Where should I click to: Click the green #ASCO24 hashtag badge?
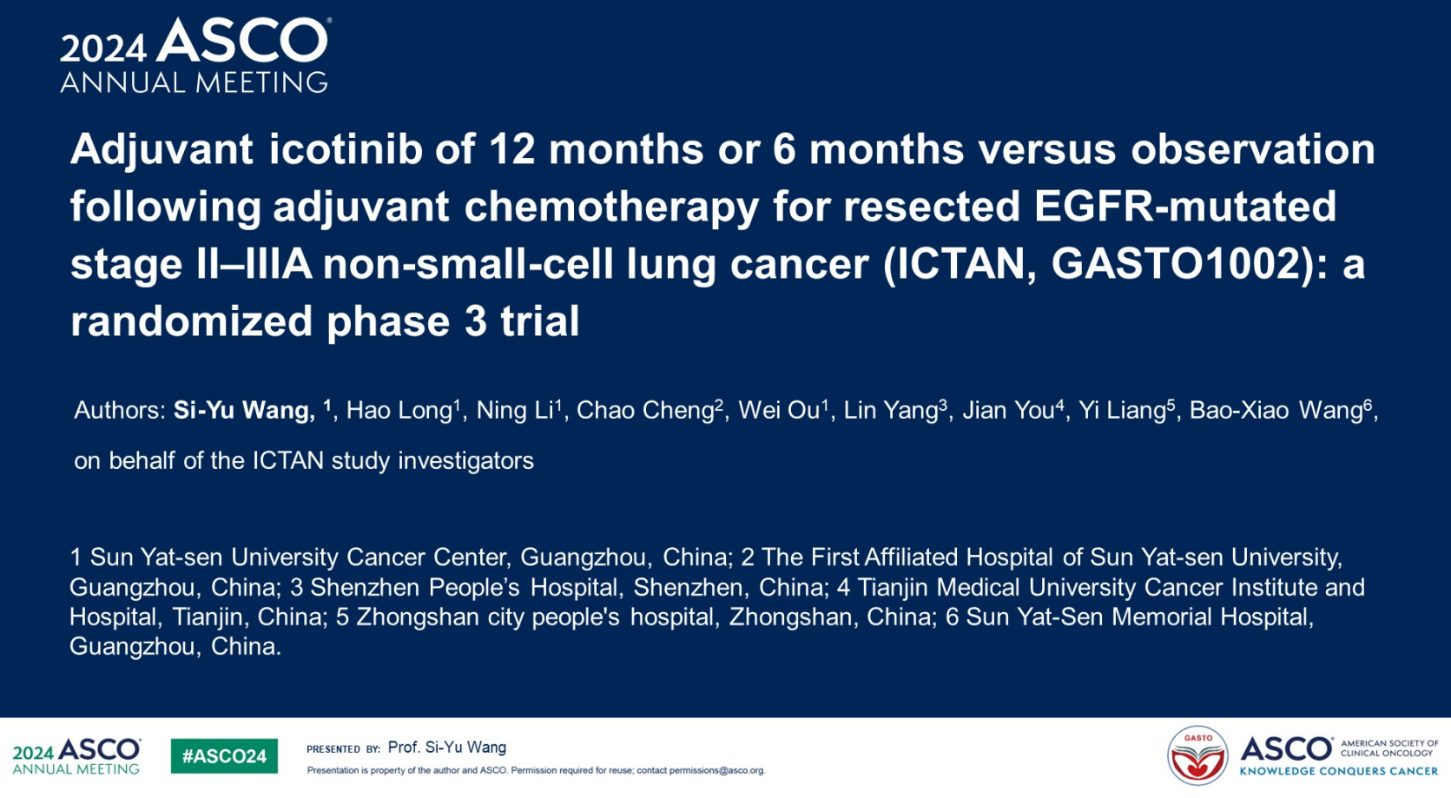tap(224, 756)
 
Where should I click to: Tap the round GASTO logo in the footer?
tap(1197, 756)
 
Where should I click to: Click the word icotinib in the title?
tap(346, 149)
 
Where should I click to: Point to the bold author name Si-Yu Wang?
tap(244, 411)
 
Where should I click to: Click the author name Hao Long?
tap(399, 411)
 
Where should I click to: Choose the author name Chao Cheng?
tap(645, 411)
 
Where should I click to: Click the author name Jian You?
tap(1008, 411)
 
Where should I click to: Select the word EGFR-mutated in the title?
tap(1185, 206)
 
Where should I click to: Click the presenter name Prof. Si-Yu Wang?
tap(447, 748)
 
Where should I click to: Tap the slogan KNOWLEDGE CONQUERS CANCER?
tap(1338, 771)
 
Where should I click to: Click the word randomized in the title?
tap(192, 321)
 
